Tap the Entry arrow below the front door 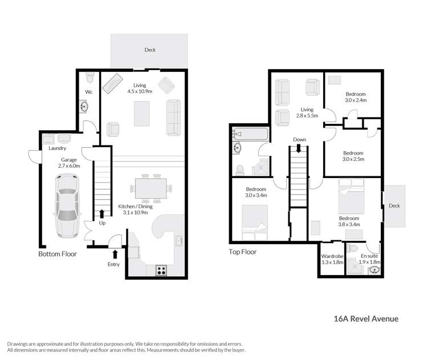click(x=115, y=254)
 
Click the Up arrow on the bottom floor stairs click(x=102, y=214)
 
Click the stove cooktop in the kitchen click(x=161, y=271)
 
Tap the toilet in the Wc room click(x=90, y=76)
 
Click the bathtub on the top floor click(x=251, y=135)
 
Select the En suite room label click(x=369, y=256)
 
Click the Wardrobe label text click(x=331, y=256)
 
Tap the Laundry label click(x=58, y=149)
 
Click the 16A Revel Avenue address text click(x=365, y=319)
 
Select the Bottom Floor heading click(x=57, y=254)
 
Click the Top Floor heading click(x=242, y=252)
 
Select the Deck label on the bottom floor click(x=150, y=50)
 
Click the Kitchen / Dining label click(x=133, y=209)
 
